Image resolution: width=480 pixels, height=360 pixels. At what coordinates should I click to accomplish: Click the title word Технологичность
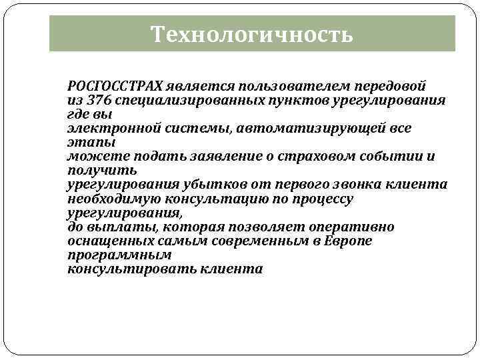click(x=251, y=33)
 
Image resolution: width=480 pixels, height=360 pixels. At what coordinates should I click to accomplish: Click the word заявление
click(x=225, y=157)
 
